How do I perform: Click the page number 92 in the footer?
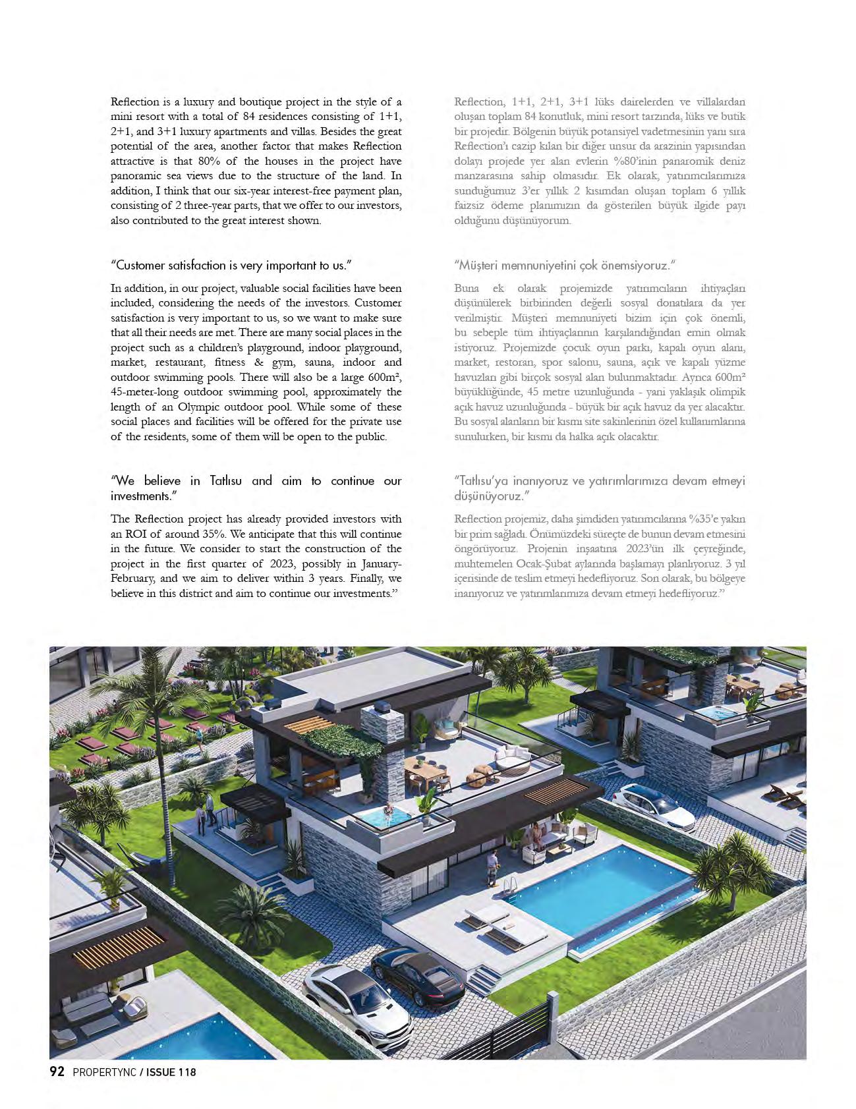pyautogui.click(x=57, y=1071)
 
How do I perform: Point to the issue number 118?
pyautogui.click(x=186, y=1072)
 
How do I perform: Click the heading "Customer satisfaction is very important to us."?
pyautogui.click(x=231, y=265)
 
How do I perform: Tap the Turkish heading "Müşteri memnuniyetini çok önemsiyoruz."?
pyautogui.click(x=565, y=265)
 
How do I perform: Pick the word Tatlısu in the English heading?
pyautogui.click(x=226, y=481)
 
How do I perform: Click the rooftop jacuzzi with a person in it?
pyautogui.click(x=382, y=817)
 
